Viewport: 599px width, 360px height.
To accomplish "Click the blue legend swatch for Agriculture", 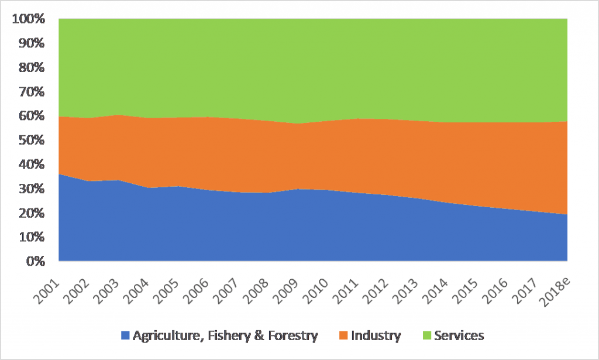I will [125, 336].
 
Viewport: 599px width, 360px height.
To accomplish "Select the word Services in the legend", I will [460, 336].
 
